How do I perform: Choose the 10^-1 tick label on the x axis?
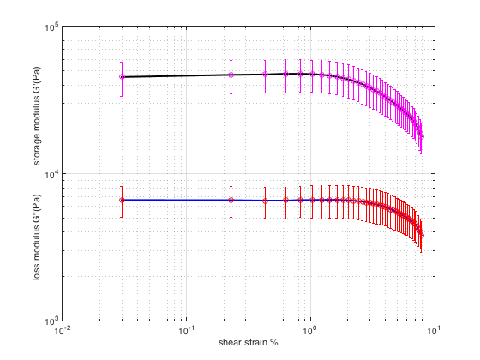point(186,331)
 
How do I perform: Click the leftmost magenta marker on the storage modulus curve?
point(122,77)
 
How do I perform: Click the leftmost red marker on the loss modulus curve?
point(122,200)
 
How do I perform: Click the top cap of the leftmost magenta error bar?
point(122,62)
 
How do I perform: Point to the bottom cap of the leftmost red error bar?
point(122,217)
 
